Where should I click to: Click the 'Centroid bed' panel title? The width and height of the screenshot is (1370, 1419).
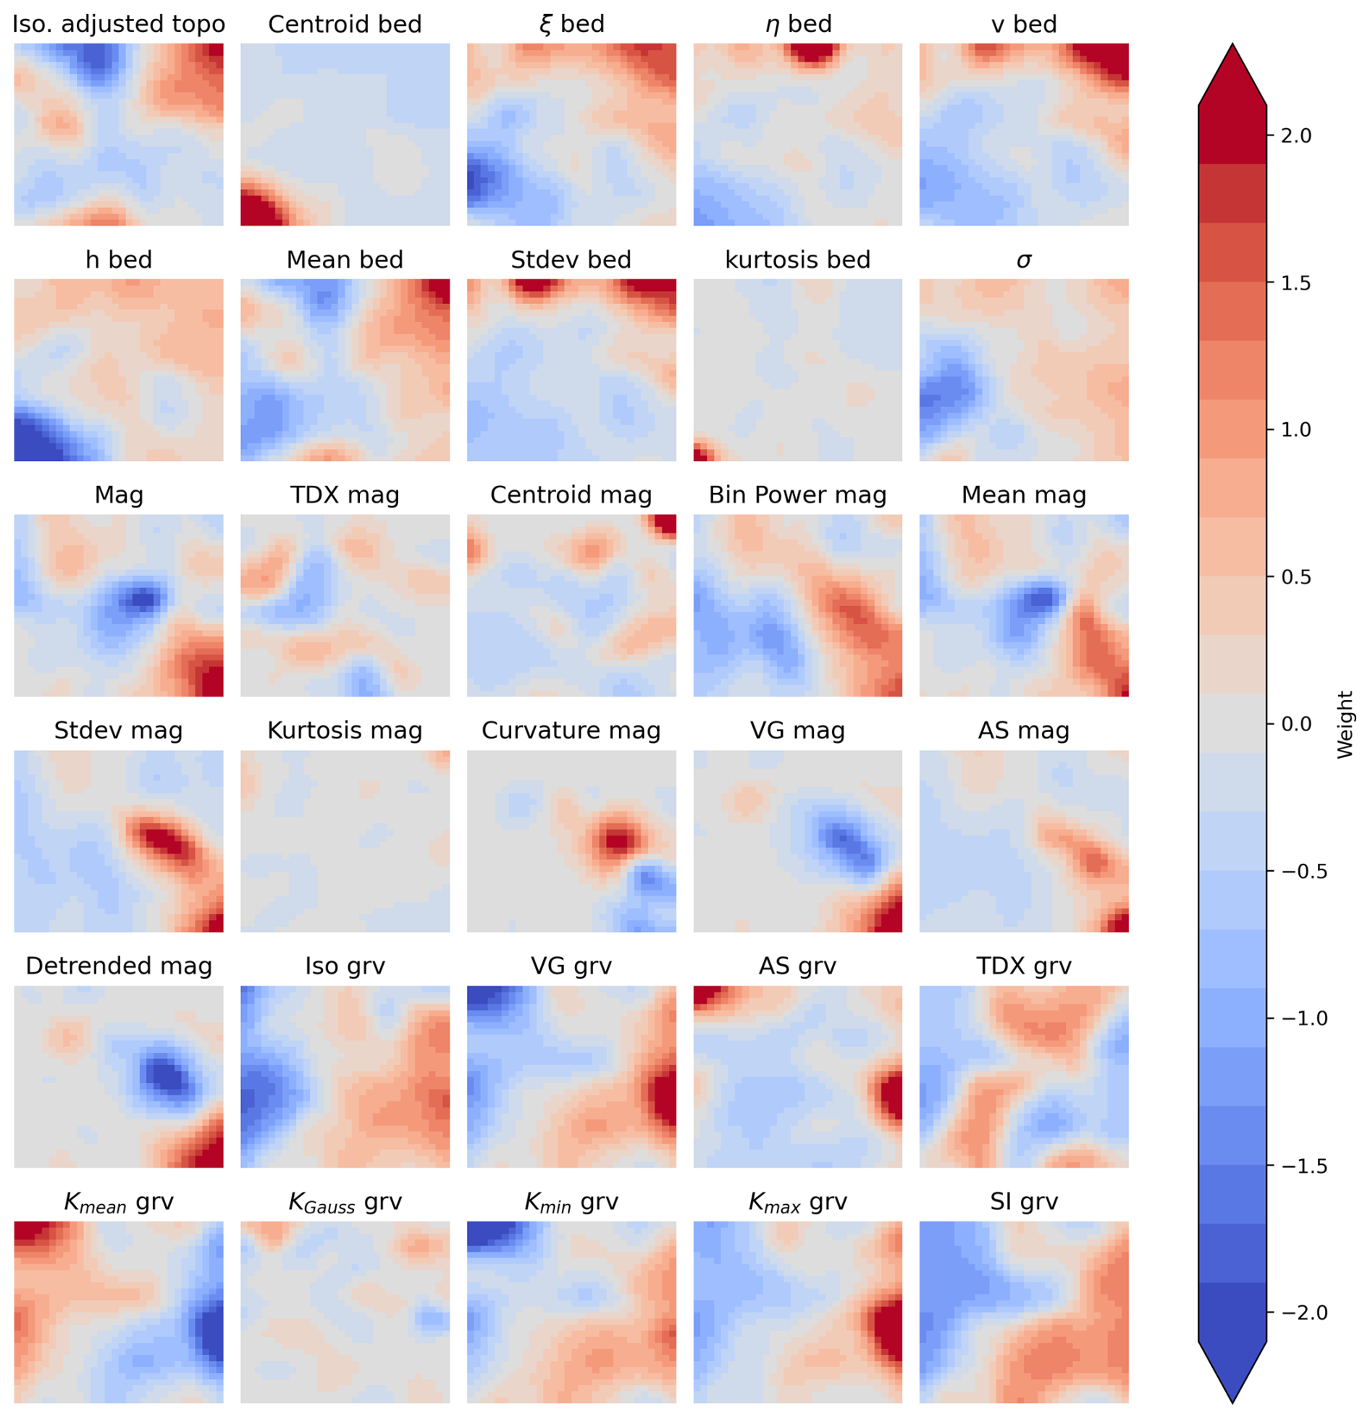pyautogui.click(x=345, y=25)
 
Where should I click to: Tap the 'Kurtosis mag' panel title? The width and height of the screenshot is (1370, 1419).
pyautogui.click(x=345, y=730)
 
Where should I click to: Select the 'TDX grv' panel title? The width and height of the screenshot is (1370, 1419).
pyautogui.click(x=1023, y=966)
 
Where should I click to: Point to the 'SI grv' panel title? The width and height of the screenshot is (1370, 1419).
pyautogui.click(x=1023, y=1202)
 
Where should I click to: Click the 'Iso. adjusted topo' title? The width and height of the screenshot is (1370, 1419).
pyautogui.click(x=119, y=25)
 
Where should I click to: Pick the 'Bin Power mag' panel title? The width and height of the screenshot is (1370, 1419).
pyautogui.click(x=797, y=495)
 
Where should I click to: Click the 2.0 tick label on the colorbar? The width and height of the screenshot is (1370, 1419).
pyautogui.click(x=1295, y=136)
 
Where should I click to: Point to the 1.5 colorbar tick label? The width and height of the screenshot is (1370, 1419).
pyautogui.click(x=1295, y=283)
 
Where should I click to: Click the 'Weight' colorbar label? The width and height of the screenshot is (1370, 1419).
pyautogui.click(x=1345, y=725)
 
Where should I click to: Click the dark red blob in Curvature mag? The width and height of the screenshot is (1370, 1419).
pyautogui.click(x=618, y=841)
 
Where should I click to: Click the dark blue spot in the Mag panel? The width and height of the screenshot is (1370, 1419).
pyautogui.click(x=140, y=599)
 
